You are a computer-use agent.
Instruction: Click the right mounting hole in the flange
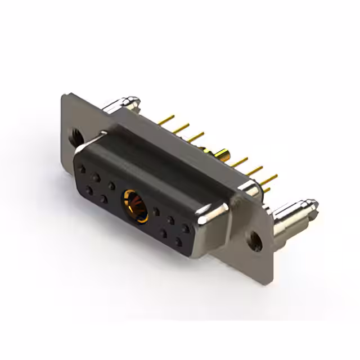click(x=256, y=241)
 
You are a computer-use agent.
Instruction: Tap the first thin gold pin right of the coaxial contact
click(x=241, y=164)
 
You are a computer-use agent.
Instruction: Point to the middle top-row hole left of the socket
click(x=97, y=177)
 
